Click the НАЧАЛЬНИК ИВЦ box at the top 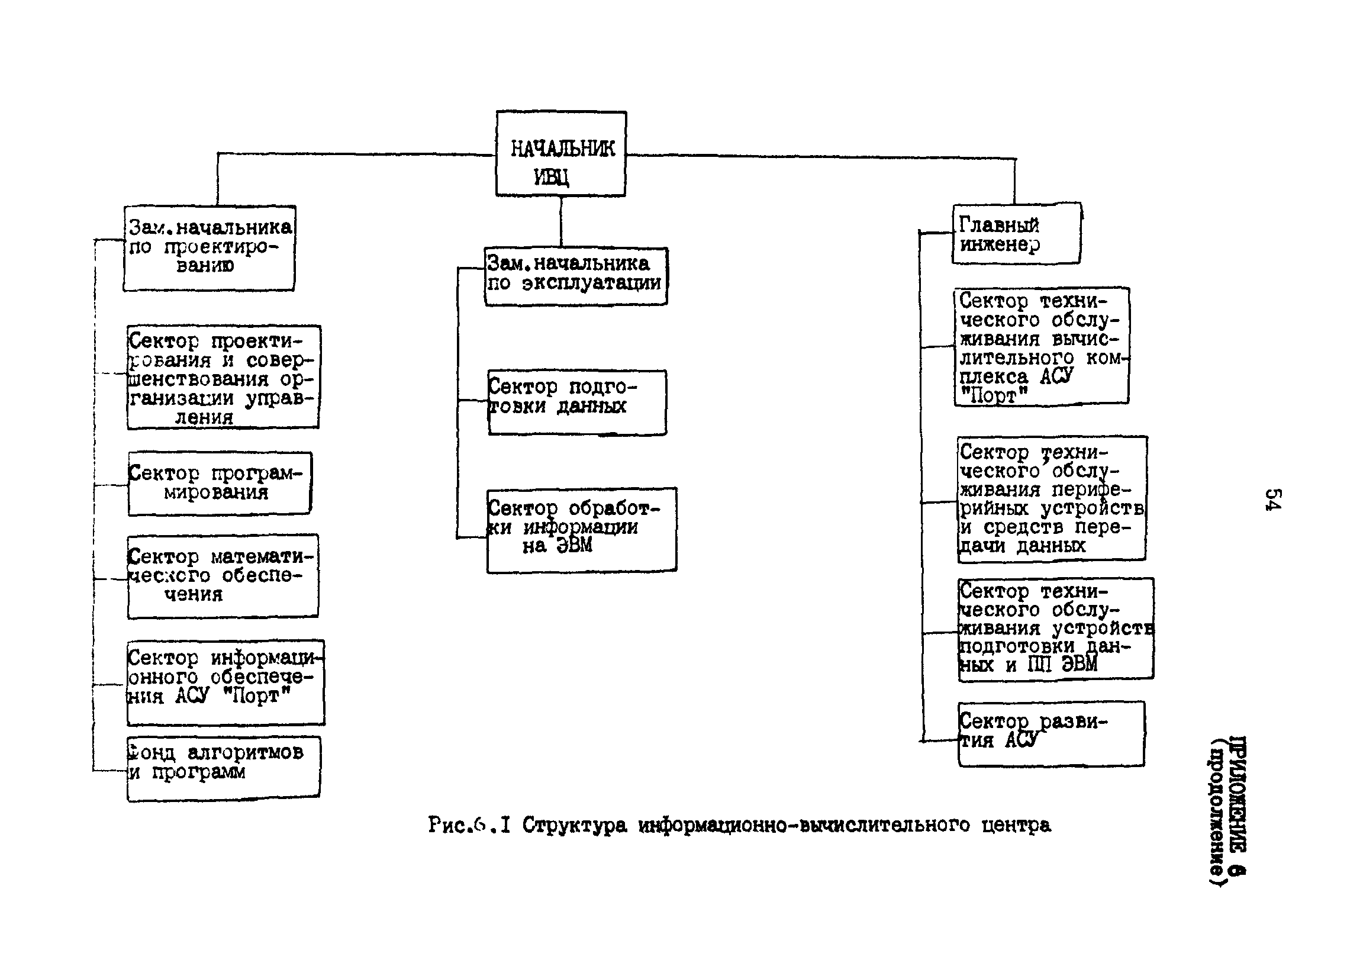coord(560,154)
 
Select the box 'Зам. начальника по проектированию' coord(209,248)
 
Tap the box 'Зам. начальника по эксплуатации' coord(576,276)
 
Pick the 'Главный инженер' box coord(1016,234)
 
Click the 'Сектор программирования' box coord(220,483)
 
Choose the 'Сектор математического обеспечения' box coord(223,576)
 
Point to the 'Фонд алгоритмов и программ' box coord(223,768)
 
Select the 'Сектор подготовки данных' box coord(577,402)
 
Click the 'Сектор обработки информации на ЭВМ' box coord(581,530)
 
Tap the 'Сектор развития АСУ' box coord(1051,733)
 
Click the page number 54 coord(1273,498)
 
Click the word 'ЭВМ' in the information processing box coord(574,546)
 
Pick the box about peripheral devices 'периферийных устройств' coord(1051,498)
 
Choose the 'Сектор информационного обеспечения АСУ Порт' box coord(225,682)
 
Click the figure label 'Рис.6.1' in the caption coord(469,825)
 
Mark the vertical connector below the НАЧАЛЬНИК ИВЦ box coord(560,221)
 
